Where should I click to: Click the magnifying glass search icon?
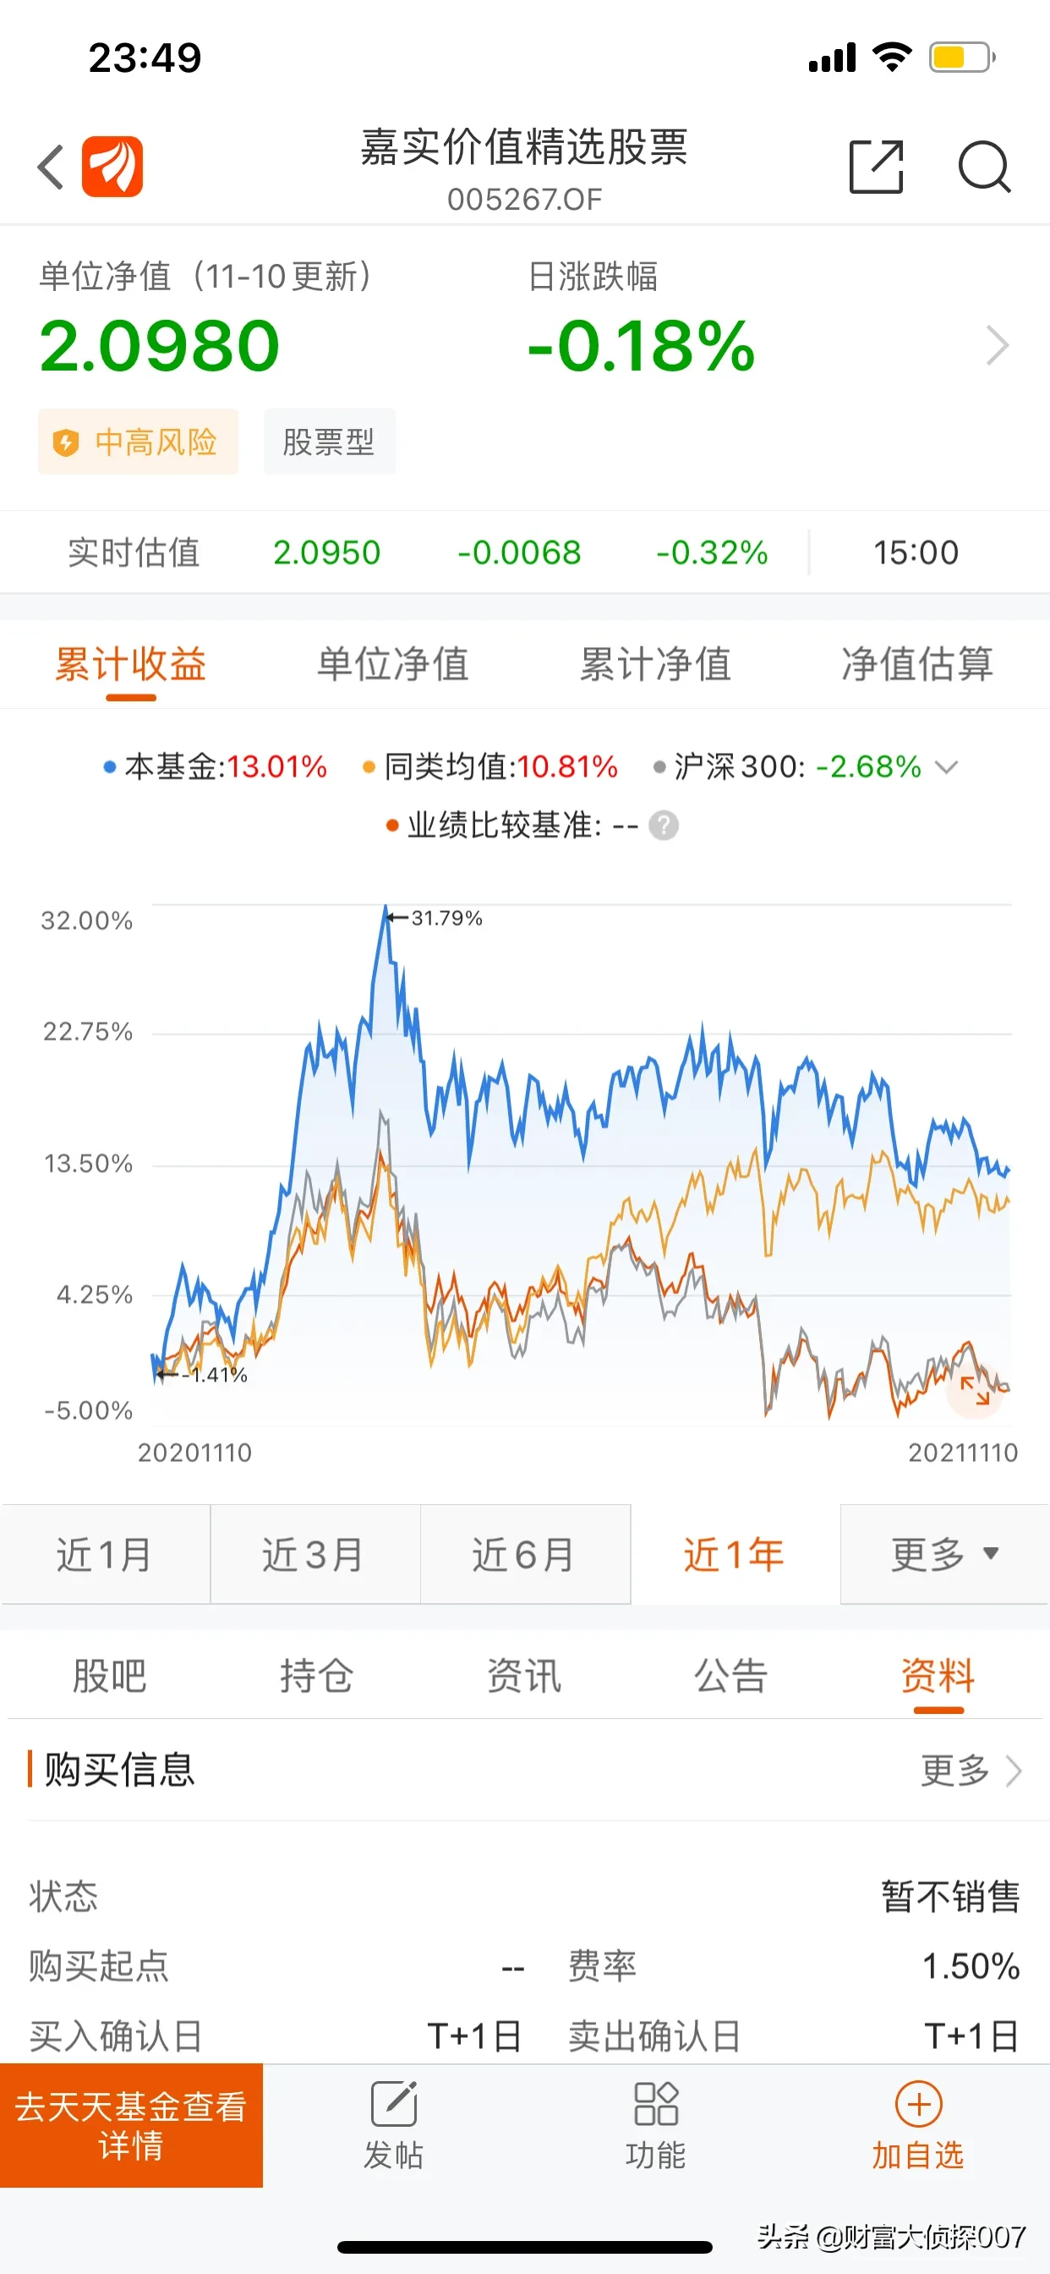click(x=984, y=166)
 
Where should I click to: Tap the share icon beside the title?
click(x=876, y=166)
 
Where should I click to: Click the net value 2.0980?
click(x=160, y=345)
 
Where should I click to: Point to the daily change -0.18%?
click(x=642, y=345)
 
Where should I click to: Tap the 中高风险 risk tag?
click(x=139, y=442)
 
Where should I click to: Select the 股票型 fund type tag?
click(x=329, y=442)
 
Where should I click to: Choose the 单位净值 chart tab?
click(x=392, y=664)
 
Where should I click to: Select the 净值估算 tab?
click(x=917, y=664)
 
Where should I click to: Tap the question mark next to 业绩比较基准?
click(x=664, y=826)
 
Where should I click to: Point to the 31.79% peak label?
click(x=446, y=918)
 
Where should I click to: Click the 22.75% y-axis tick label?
click(x=87, y=1031)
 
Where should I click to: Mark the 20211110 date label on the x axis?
click(x=963, y=1453)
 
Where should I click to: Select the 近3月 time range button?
click(x=315, y=1554)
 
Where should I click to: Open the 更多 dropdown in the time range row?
click(x=944, y=1554)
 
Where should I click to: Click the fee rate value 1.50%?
click(x=971, y=1966)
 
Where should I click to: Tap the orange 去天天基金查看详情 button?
click(x=132, y=2125)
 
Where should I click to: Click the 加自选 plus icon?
click(x=918, y=2105)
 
